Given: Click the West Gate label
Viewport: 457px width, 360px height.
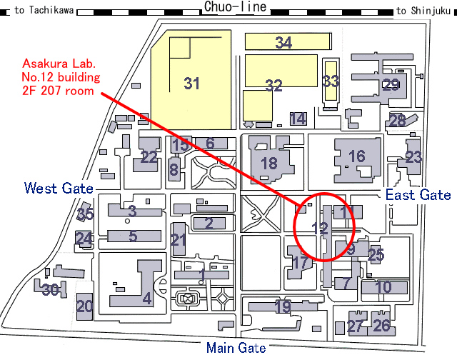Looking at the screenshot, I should tap(59, 189).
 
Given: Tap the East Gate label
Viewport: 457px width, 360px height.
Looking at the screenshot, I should tap(418, 195).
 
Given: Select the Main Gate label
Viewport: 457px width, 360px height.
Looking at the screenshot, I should tap(236, 348).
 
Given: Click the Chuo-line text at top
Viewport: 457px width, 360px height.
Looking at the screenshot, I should tap(236, 7).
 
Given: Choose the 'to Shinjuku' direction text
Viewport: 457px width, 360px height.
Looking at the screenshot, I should tap(423, 11).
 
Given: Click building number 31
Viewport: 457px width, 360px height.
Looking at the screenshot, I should tap(191, 84).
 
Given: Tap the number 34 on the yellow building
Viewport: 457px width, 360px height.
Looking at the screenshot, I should tap(283, 43).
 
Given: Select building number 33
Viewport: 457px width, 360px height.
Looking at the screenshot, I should tap(330, 81).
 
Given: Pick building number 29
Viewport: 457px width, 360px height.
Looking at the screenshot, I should tap(391, 85).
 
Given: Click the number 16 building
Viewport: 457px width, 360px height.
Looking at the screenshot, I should tap(356, 156).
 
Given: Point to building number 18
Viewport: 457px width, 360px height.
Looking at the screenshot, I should tap(268, 163).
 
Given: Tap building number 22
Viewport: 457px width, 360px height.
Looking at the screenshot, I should tap(149, 157).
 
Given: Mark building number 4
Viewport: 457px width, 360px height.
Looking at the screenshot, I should tap(146, 298).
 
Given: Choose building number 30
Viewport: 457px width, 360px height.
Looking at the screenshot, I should tap(49, 290).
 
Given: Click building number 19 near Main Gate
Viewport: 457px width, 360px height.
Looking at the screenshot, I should tap(283, 307).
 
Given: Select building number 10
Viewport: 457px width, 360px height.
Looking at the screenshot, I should tap(383, 287).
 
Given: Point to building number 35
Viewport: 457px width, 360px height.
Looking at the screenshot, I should tap(85, 214).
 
